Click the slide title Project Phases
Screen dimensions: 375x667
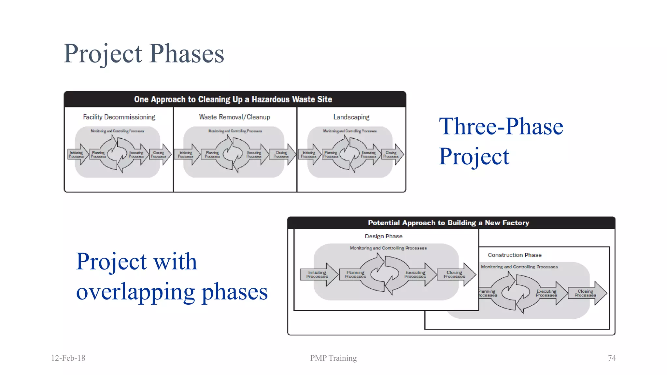point(144,54)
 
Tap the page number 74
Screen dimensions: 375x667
point(612,358)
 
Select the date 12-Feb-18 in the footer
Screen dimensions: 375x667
point(68,358)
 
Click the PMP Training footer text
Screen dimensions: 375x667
point(333,358)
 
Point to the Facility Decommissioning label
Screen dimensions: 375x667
point(119,117)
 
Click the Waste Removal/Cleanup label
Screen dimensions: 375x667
point(234,117)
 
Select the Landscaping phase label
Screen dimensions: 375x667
point(351,117)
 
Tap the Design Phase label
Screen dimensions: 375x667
point(383,236)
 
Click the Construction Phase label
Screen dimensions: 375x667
point(515,255)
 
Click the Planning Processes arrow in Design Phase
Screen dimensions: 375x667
point(355,275)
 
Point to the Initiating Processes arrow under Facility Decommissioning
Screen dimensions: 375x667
point(77,155)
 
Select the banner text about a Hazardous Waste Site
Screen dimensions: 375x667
point(233,99)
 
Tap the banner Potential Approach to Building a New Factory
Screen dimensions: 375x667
point(448,223)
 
